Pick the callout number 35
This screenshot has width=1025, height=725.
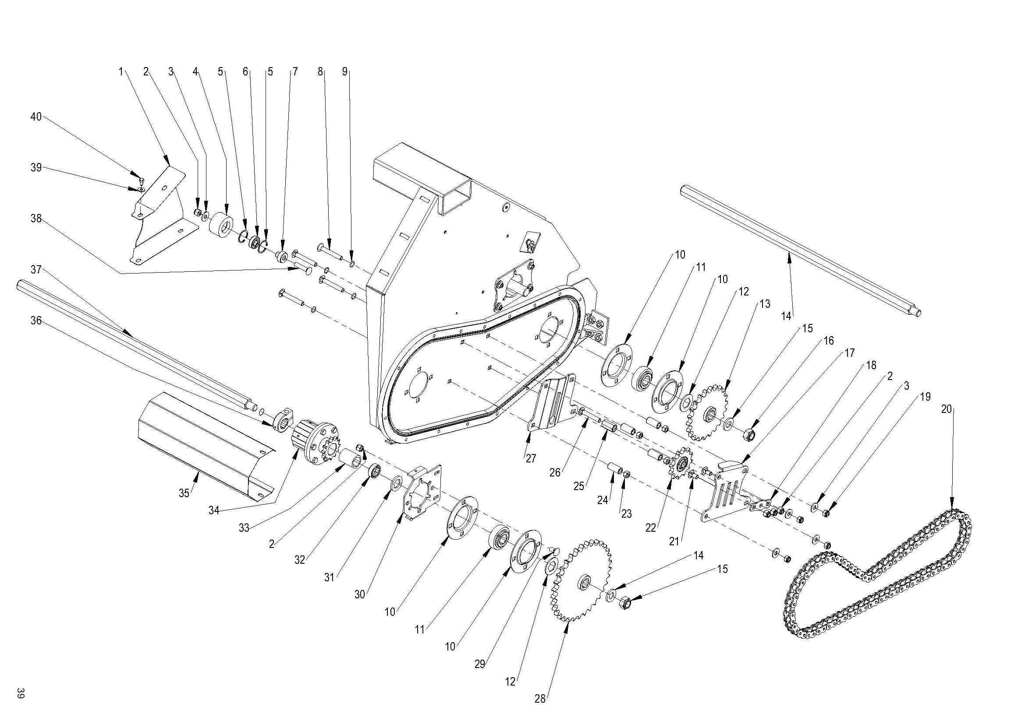click(184, 493)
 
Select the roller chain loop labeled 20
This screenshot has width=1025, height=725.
click(875, 576)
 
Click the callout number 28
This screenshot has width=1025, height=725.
click(540, 699)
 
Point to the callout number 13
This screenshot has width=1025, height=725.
click(765, 304)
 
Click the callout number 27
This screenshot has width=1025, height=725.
click(531, 458)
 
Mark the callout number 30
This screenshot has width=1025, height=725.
click(360, 595)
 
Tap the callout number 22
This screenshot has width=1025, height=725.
click(650, 528)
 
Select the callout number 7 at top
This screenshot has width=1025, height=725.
click(295, 72)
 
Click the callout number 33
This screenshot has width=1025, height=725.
click(244, 528)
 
